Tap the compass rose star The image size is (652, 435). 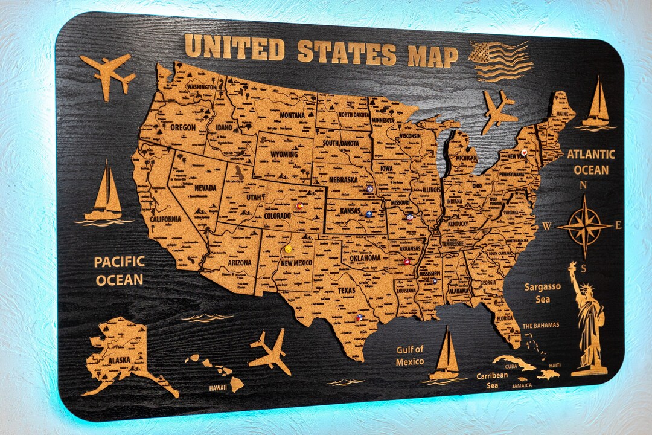[x=584, y=227]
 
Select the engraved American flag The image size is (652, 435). [x=500, y=61]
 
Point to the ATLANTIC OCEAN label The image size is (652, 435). [x=590, y=162]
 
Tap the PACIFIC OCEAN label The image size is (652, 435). [x=119, y=271]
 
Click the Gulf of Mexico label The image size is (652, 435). [x=410, y=355]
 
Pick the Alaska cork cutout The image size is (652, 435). [x=121, y=356]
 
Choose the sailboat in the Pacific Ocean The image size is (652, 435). [x=106, y=193]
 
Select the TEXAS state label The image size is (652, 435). [x=347, y=290]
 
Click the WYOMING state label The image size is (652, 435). [x=284, y=154]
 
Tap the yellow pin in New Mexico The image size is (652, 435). [x=289, y=249]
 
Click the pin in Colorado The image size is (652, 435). [x=299, y=206]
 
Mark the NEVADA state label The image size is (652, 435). [x=205, y=188]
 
